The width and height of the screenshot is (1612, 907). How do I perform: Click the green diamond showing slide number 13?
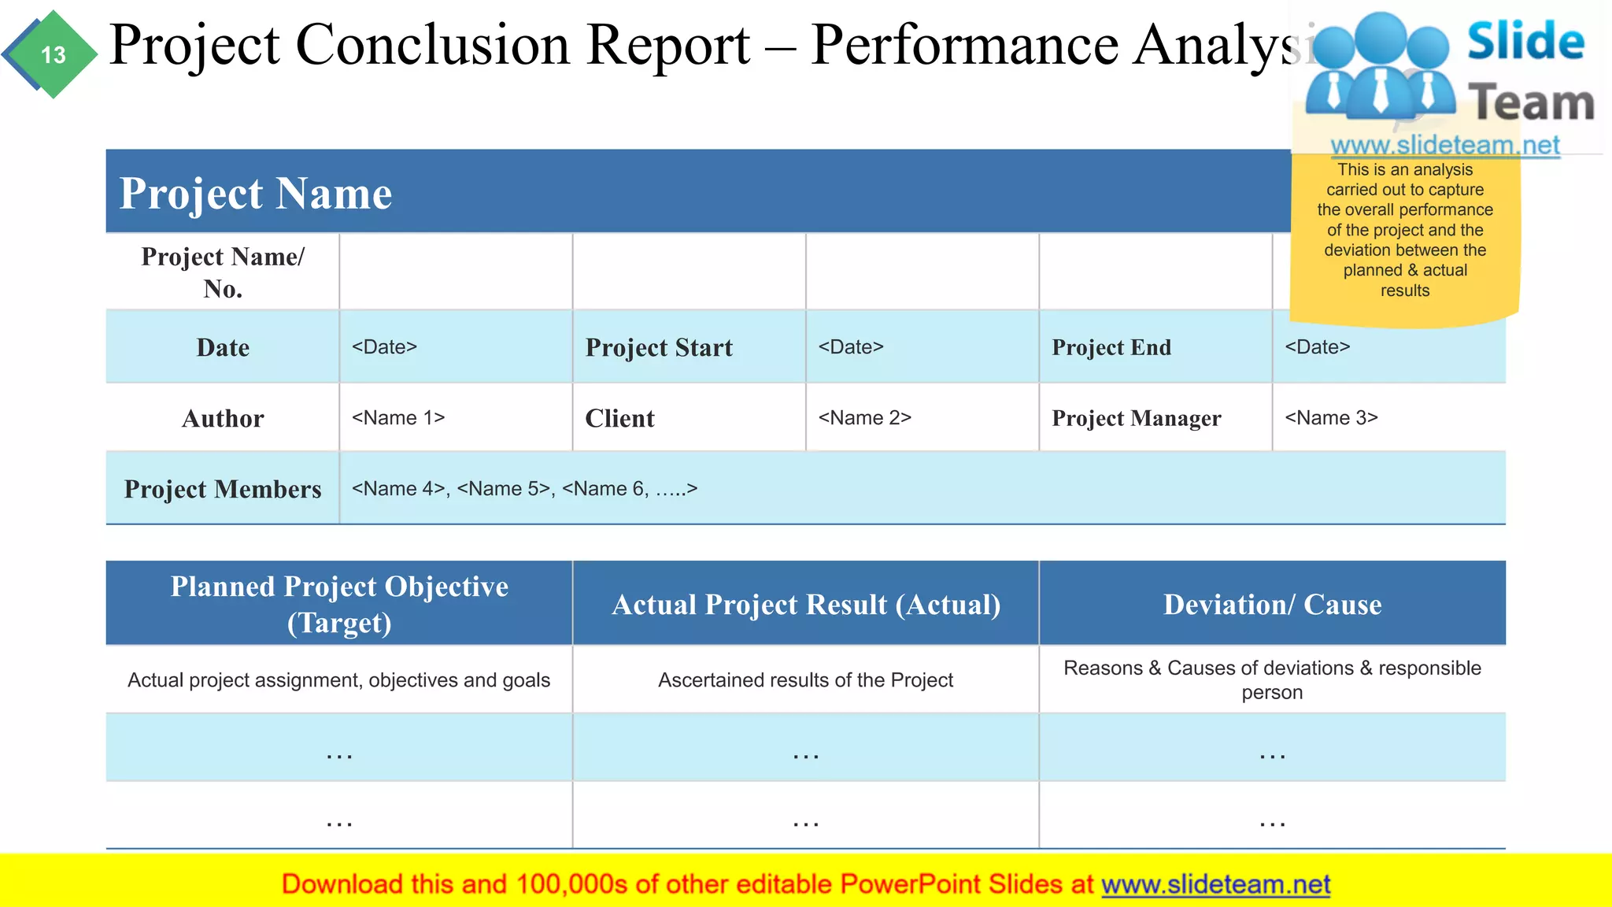[x=53, y=54]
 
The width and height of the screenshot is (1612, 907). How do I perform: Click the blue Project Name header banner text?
[x=255, y=194]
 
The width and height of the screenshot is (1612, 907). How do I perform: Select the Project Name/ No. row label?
[x=223, y=272]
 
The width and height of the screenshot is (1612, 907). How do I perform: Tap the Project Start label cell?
[x=659, y=347]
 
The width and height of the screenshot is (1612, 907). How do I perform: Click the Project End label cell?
[x=1111, y=347]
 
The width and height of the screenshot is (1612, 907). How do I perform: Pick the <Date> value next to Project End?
[x=1317, y=347]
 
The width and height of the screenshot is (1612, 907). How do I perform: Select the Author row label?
[x=223, y=418]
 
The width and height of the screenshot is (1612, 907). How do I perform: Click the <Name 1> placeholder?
[x=398, y=418]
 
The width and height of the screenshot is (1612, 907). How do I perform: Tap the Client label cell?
[x=619, y=418]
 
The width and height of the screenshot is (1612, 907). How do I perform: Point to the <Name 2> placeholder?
[x=864, y=418]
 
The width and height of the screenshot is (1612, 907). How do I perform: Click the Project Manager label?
[x=1136, y=418]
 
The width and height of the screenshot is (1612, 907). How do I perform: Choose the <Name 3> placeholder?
[x=1331, y=418]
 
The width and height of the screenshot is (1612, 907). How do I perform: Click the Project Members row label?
[x=223, y=489]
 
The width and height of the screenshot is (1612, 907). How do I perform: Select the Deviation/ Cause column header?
[x=1272, y=605]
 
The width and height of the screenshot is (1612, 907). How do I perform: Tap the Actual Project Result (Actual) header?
[x=806, y=605]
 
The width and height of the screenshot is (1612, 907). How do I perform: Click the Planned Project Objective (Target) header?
[x=339, y=605]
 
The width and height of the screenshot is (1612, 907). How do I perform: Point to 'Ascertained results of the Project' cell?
[x=805, y=680]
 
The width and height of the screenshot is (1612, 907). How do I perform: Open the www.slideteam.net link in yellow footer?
[x=1215, y=885]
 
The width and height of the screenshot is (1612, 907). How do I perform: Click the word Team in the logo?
[x=1531, y=103]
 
